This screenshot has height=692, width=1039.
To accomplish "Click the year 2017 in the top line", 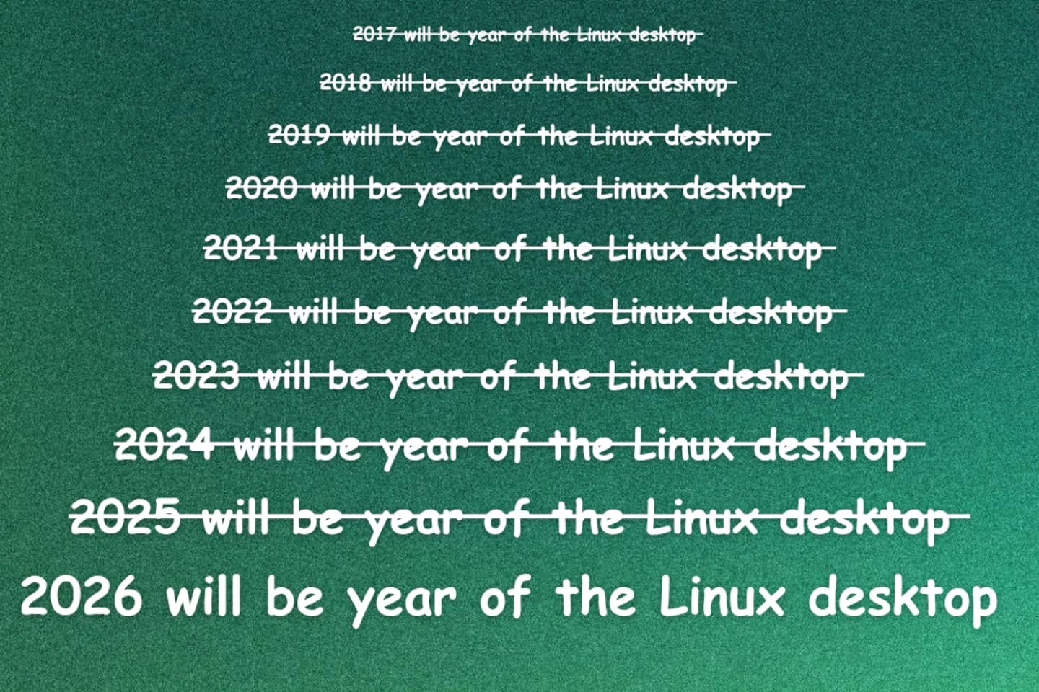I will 373,34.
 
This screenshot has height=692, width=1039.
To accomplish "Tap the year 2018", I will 346,83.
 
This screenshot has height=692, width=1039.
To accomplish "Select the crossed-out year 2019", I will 299,134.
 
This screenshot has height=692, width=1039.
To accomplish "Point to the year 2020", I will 261,188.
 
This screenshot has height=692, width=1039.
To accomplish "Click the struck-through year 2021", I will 241,249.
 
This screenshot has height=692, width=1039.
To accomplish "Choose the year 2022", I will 232,312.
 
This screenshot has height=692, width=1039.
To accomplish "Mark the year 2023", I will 196,376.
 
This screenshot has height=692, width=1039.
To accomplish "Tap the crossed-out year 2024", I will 165,444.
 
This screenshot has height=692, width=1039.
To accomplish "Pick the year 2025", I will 126,517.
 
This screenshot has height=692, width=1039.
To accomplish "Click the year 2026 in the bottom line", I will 82,597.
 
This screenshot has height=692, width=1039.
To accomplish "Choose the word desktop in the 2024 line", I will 830,447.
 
